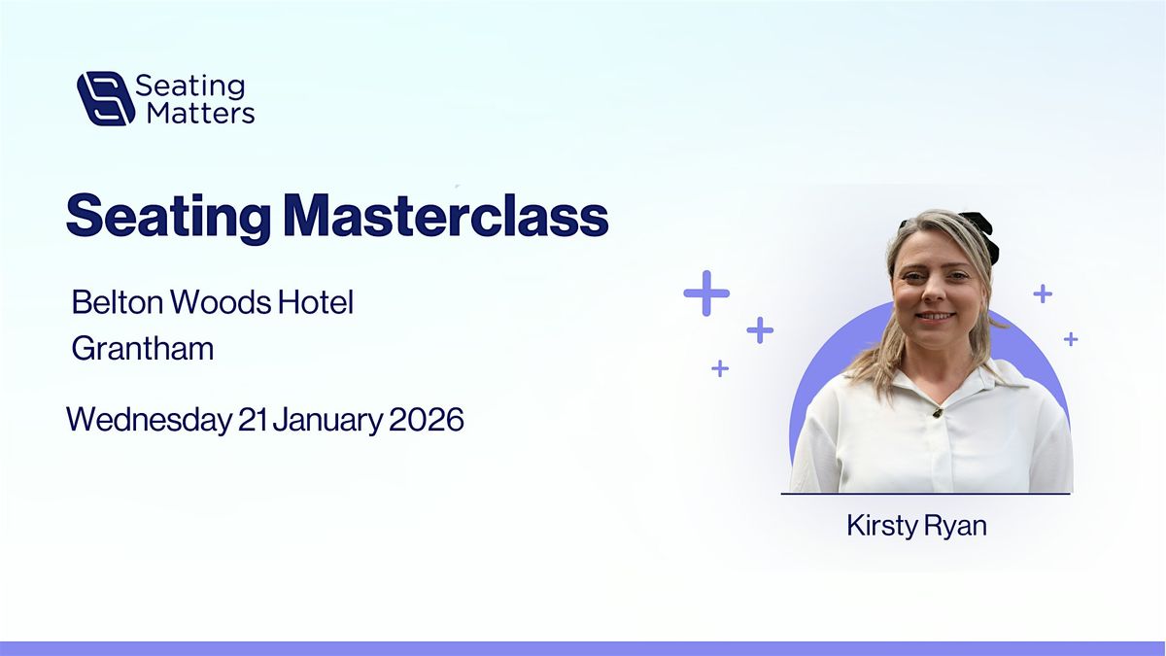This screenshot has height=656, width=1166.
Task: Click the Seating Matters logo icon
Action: tap(106, 98)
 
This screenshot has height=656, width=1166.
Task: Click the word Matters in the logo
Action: tap(201, 114)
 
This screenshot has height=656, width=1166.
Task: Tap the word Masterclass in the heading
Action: tap(447, 216)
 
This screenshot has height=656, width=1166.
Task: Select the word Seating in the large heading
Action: tap(169, 218)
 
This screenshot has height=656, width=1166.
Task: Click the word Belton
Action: tap(118, 301)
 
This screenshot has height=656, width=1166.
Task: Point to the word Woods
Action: tap(221, 301)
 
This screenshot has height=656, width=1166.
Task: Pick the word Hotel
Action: tap(316, 301)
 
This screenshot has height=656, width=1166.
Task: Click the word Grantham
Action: tap(143, 348)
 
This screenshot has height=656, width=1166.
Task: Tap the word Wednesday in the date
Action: tap(149, 420)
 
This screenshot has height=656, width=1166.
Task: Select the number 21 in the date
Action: tap(253, 419)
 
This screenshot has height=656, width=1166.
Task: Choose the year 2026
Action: tap(426, 419)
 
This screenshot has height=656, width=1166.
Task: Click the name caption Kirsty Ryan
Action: tap(916, 526)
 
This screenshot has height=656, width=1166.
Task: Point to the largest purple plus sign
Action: tap(706, 293)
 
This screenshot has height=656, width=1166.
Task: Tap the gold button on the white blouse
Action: tap(938, 413)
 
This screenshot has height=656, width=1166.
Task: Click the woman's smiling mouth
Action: tap(935, 316)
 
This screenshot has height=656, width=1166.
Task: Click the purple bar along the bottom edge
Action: tap(583, 649)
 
